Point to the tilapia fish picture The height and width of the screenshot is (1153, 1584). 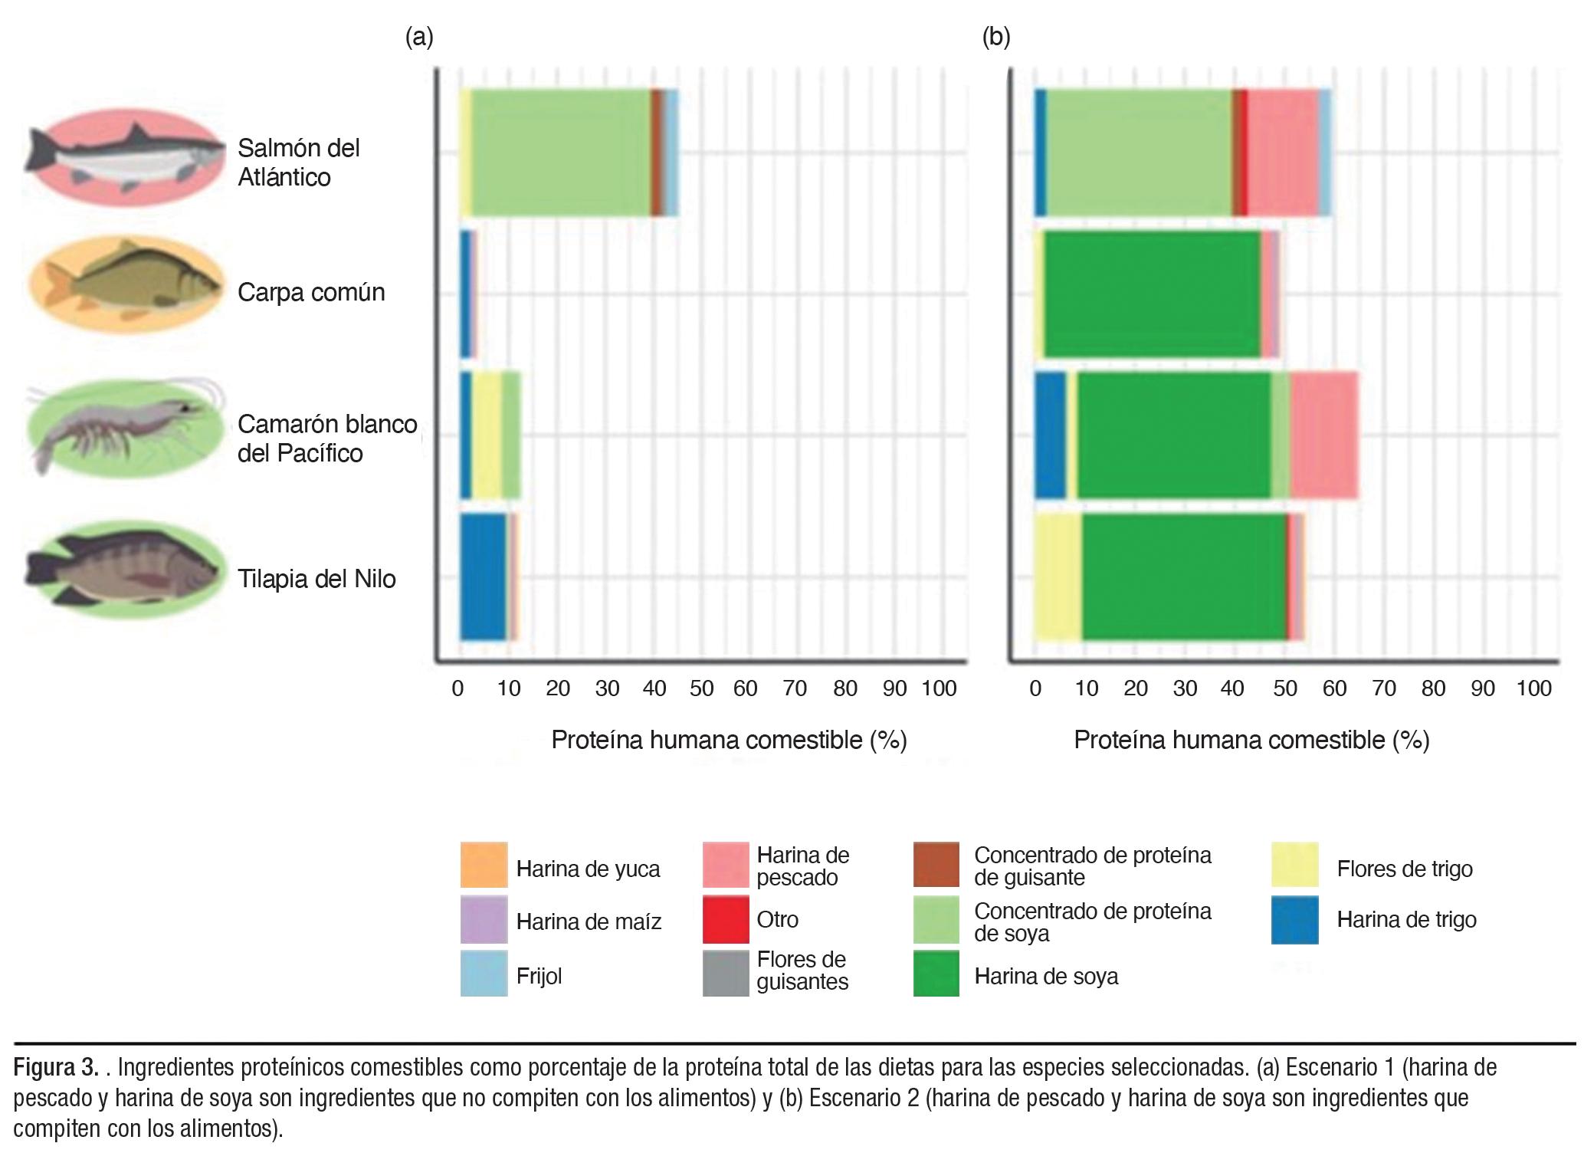click(x=126, y=568)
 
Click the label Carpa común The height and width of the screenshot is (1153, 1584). click(x=311, y=292)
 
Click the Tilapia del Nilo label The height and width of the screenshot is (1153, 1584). click(x=316, y=578)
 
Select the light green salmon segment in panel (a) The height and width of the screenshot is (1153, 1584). click(x=560, y=153)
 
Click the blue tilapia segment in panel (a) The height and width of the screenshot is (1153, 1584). click(x=483, y=576)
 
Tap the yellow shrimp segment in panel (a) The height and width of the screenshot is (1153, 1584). click(x=487, y=435)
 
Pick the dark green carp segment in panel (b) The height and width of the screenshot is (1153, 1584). click(x=1152, y=294)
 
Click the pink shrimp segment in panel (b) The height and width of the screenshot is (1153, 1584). click(x=1324, y=435)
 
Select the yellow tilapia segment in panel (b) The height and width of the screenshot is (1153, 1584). click(x=1058, y=576)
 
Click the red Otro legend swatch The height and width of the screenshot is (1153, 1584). click(x=726, y=919)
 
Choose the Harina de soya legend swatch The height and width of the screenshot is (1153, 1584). click(x=936, y=974)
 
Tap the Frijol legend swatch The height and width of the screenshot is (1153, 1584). click(x=484, y=974)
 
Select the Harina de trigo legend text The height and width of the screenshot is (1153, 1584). click(x=1406, y=920)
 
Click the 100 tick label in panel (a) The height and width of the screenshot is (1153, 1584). click(x=939, y=688)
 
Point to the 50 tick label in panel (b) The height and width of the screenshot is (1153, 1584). click(x=1285, y=688)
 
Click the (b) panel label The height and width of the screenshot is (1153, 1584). click(x=996, y=37)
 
